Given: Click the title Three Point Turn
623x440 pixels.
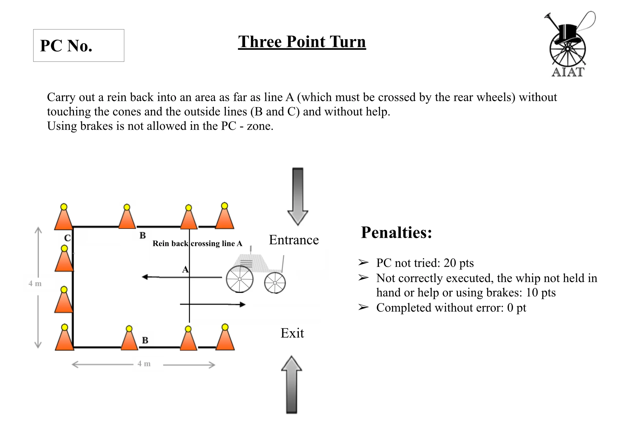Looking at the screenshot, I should coord(302,42).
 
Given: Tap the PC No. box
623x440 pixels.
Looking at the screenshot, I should coord(78,45).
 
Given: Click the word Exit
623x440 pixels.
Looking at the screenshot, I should coord(292,333).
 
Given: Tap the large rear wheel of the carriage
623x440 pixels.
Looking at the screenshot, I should coord(240,279).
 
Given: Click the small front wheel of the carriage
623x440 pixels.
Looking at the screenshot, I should coord(275,283).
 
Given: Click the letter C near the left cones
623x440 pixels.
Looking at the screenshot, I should coord(67,238).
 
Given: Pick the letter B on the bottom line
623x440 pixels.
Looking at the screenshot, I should coord(145,340).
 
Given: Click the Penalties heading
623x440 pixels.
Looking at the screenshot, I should coord(396,233).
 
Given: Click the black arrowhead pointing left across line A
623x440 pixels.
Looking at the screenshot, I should coord(146,277).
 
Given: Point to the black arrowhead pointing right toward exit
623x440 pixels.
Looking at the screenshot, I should coord(242,304).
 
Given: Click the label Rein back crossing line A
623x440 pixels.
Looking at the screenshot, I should coord(197,244).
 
